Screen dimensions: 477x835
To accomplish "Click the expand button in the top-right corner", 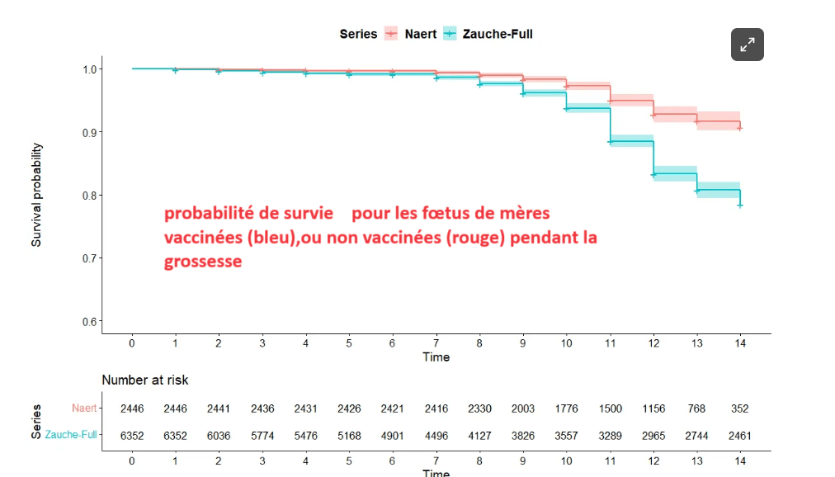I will (x=747, y=45).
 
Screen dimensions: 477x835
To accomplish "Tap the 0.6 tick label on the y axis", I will (x=87, y=321).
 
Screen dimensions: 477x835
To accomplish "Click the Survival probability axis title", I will (x=37, y=195).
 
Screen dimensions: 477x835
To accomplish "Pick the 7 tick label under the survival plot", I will (x=436, y=342).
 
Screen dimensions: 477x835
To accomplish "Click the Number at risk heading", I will (x=145, y=380).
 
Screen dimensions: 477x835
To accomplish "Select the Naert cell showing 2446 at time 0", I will (x=132, y=409).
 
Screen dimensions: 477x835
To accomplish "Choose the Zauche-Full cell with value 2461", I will (x=739, y=435).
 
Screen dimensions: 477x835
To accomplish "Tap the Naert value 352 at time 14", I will (x=739, y=409).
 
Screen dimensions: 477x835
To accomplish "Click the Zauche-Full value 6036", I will (x=219, y=435).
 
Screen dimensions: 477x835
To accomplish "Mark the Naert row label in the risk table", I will (x=84, y=409).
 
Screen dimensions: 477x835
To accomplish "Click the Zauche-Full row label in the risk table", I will (x=71, y=435).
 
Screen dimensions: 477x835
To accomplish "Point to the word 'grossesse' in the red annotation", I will (x=203, y=262).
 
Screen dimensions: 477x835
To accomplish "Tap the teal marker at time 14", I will (x=740, y=205).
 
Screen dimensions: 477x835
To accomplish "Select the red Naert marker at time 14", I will (x=740, y=128).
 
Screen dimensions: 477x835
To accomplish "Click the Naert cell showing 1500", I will (x=610, y=409).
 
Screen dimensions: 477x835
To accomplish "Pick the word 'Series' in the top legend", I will (x=358, y=34).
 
